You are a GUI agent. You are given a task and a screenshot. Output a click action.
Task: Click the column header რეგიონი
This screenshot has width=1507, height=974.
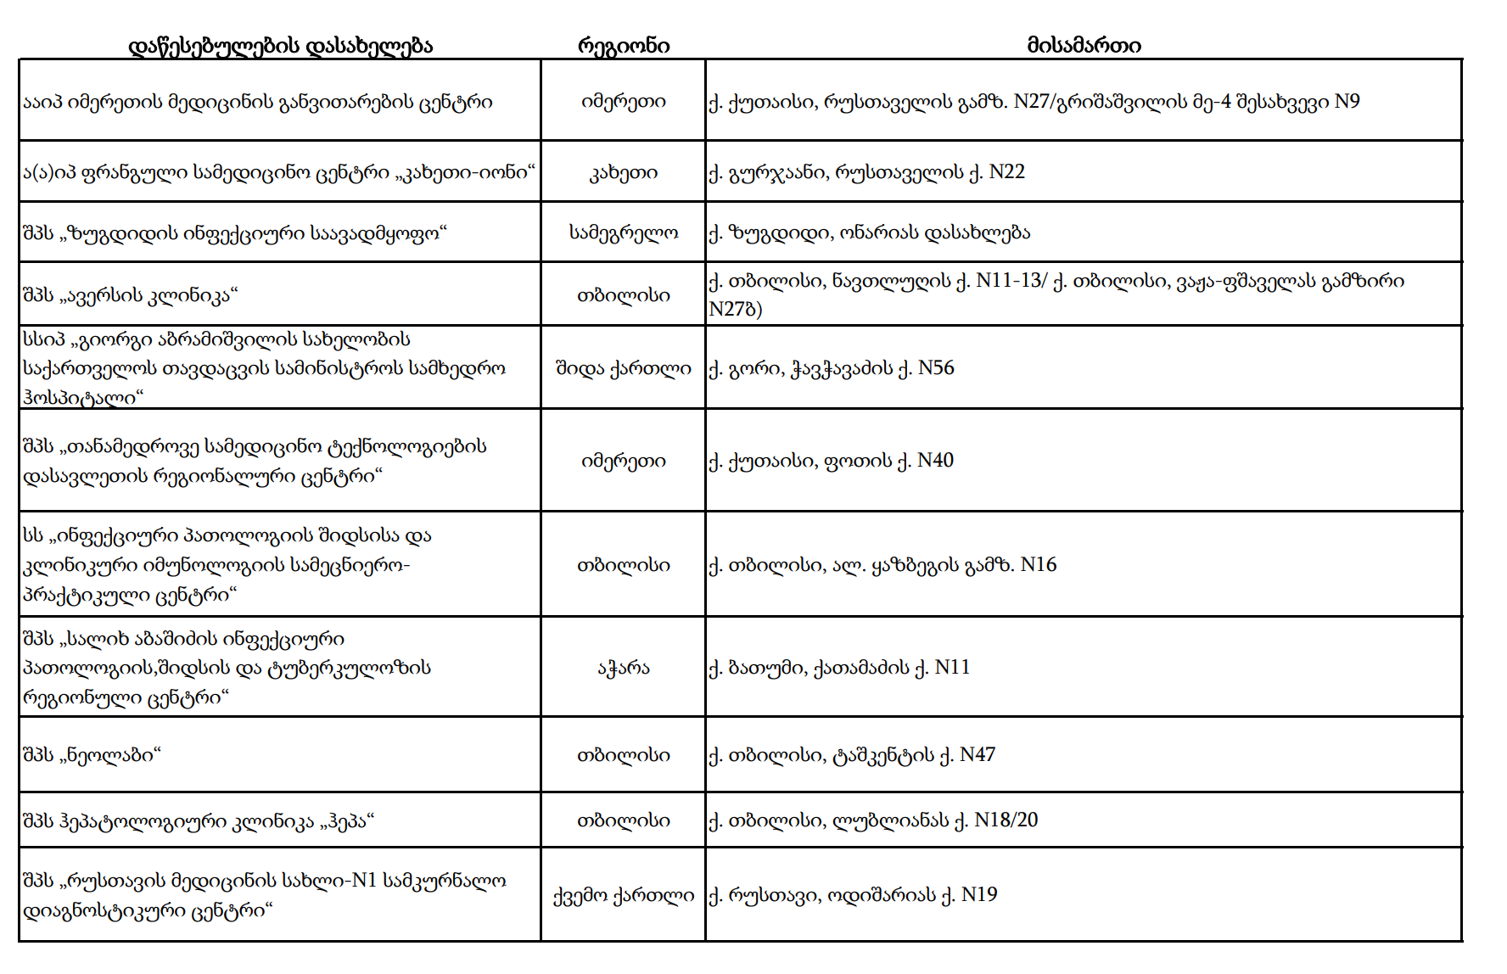pyautogui.click(x=623, y=46)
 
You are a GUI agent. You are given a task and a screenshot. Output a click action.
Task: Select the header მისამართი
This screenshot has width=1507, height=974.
pyautogui.click(x=1084, y=46)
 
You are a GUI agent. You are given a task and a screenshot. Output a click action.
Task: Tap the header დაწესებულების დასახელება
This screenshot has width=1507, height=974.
pyautogui.click(x=280, y=46)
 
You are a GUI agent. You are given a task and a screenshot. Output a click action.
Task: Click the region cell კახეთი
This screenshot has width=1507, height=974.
pyautogui.click(x=623, y=173)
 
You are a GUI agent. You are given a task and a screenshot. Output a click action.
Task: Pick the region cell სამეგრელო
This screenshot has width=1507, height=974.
pyautogui.click(x=623, y=232)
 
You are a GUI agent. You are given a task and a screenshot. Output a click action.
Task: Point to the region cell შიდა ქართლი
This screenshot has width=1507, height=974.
pyautogui.click(x=623, y=368)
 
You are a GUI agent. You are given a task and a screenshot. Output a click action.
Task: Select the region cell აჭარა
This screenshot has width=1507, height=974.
pyautogui.click(x=623, y=668)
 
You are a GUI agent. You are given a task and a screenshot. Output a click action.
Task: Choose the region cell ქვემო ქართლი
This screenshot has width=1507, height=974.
pyautogui.click(x=623, y=895)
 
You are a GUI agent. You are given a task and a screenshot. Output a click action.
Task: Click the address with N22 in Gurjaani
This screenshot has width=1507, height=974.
pyautogui.click(x=866, y=172)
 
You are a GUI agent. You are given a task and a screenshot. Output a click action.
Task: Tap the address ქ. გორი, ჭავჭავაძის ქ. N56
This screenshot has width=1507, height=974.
pyautogui.click(x=832, y=368)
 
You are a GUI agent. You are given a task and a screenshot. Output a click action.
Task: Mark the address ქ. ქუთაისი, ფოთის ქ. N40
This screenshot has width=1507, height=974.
pyautogui.click(x=831, y=461)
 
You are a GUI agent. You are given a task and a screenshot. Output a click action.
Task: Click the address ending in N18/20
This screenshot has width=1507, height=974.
pyautogui.click(x=873, y=820)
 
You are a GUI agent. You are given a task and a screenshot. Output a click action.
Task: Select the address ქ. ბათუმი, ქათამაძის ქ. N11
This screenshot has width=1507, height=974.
pyautogui.click(x=839, y=668)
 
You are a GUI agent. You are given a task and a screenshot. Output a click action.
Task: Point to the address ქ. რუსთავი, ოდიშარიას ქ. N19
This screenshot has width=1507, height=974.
pyautogui.click(x=853, y=895)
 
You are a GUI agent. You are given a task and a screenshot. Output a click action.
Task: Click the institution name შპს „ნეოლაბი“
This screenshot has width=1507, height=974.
pyautogui.click(x=92, y=755)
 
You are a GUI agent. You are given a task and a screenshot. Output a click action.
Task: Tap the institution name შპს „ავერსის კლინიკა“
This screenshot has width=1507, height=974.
pyautogui.click(x=130, y=295)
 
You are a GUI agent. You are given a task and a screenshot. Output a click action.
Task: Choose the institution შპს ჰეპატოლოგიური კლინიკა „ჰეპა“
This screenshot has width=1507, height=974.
pyautogui.click(x=199, y=821)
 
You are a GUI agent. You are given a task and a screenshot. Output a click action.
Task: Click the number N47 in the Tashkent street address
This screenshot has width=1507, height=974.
pyautogui.click(x=977, y=755)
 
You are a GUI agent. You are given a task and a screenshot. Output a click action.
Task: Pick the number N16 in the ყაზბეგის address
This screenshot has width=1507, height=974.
pyautogui.click(x=1038, y=565)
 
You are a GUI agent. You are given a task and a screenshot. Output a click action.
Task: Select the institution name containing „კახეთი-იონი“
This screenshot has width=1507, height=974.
pyautogui.click(x=278, y=173)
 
